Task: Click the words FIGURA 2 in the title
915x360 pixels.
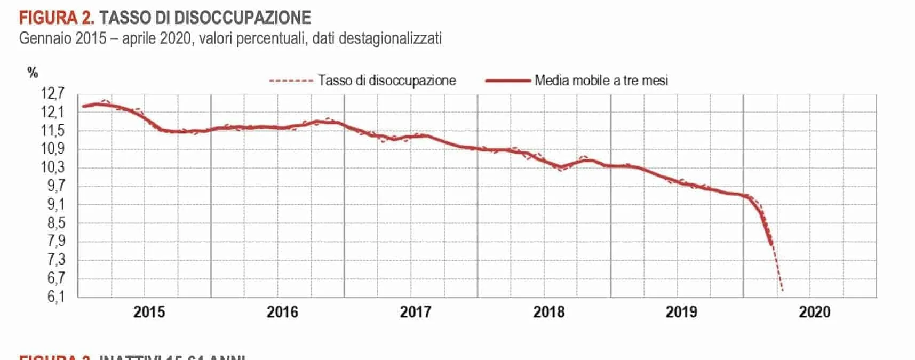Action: (57, 18)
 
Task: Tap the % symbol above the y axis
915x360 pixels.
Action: (33, 73)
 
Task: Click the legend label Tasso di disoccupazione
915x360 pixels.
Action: (387, 81)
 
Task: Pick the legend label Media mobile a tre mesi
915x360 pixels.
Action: (601, 81)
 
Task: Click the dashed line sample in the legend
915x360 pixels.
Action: (291, 81)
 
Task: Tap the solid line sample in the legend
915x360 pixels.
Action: (507, 81)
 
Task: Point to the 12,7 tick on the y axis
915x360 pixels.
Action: (52, 94)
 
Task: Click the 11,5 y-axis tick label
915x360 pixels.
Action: (52, 131)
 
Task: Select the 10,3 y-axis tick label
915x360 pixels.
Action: (52, 167)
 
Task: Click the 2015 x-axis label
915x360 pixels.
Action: (149, 312)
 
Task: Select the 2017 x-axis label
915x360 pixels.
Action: (415, 312)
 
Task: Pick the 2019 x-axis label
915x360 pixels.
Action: (681, 312)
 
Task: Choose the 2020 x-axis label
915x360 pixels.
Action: (814, 312)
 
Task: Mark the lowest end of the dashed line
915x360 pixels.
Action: (782, 291)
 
